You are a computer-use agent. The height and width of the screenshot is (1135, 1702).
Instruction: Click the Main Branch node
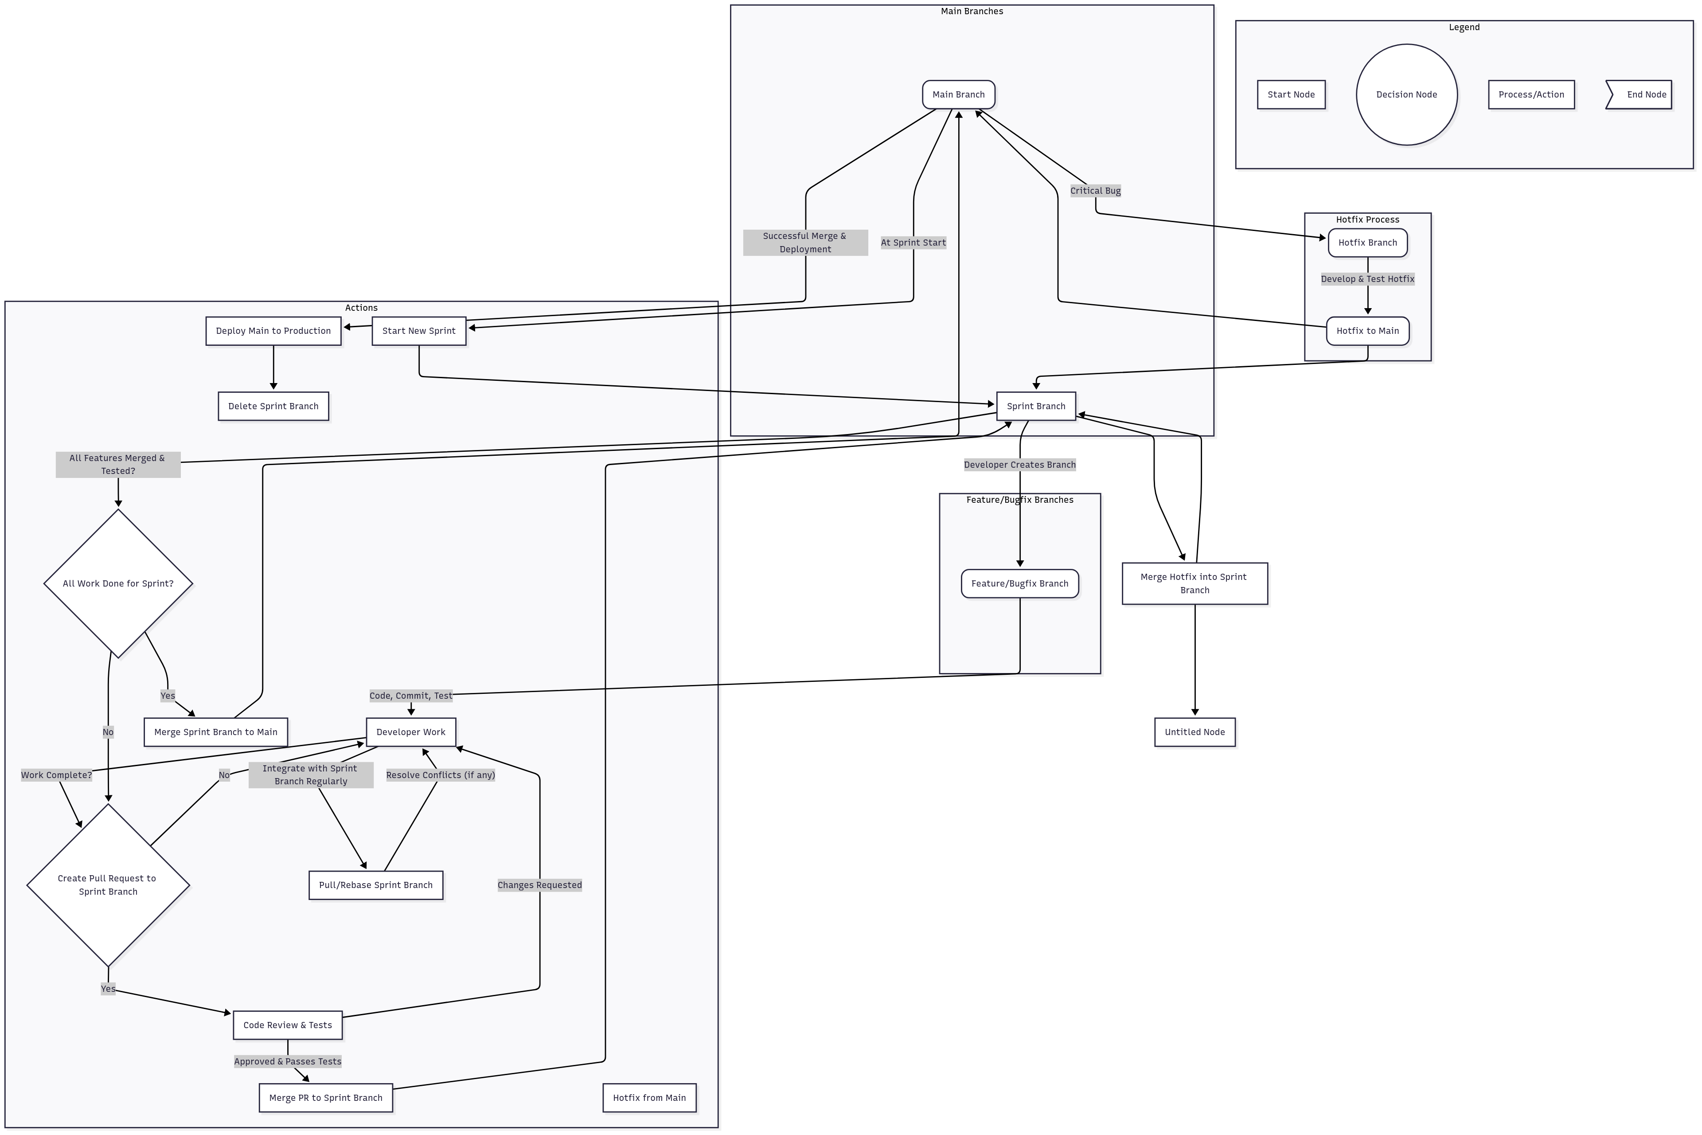tap(958, 94)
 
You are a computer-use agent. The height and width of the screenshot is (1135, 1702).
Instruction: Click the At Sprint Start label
tap(913, 243)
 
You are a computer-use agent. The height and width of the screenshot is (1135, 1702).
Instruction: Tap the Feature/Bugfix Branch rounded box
tap(1019, 583)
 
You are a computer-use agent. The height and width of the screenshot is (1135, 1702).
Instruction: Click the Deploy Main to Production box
tap(273, 331)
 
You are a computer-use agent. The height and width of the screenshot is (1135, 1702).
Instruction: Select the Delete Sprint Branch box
tap(273, 406)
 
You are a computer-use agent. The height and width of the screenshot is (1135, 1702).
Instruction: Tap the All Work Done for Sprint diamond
tap(118, 583)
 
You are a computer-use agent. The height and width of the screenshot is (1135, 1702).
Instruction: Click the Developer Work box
tap(410, 732)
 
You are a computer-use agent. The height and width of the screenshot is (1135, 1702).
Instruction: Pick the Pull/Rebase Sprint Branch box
tap(375, 885)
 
